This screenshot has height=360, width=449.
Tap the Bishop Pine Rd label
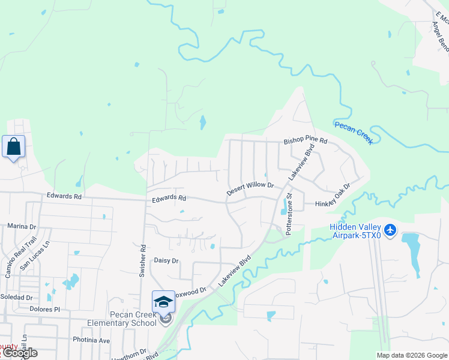306,142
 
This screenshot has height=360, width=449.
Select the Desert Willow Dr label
250,189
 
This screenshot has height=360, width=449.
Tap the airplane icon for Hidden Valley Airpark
390,229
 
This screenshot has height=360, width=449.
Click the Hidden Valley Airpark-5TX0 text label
355,231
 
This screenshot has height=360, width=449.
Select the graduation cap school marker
163,302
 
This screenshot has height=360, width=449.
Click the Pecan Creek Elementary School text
125,319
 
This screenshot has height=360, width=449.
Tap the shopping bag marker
13,146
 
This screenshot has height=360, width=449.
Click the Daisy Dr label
167,261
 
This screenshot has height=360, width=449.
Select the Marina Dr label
22,227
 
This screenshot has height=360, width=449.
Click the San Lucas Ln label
35,255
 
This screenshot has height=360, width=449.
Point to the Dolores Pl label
44,310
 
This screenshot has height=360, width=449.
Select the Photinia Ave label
88,340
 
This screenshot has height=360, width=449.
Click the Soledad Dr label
16,297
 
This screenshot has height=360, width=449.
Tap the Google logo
20,353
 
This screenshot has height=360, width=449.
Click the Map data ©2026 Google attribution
412,355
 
